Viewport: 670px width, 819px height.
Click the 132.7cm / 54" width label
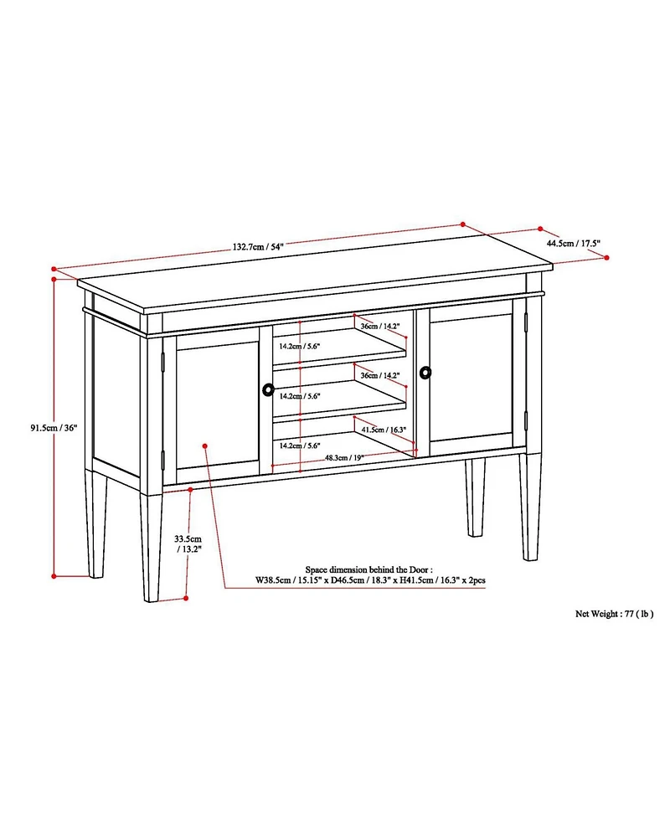pos(259,247)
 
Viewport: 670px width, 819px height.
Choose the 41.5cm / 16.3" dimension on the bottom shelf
pos(384,430)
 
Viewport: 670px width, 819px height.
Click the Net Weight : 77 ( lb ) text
pos(614,613)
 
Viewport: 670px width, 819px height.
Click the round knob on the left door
pos(268,389)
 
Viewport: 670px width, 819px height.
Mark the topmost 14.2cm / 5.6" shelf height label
pos(301,347)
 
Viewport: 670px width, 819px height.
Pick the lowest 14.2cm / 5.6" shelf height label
pos(301,446)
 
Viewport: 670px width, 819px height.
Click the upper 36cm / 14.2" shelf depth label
pos(379,326)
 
